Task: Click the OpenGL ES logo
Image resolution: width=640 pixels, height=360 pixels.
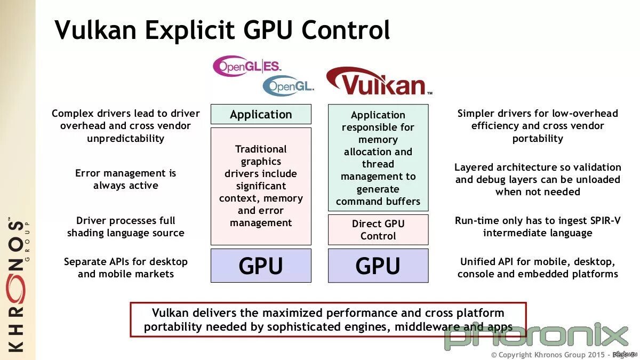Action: (x=246, y=66)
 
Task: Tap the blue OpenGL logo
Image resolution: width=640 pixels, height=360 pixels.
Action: (x=287, y=85)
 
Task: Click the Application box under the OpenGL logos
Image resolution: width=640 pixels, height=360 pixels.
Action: (x=261, y=114)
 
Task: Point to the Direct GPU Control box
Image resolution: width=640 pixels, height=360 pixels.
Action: (x=378, y=230)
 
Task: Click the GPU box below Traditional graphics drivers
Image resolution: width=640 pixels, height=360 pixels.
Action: (x=261, y=266)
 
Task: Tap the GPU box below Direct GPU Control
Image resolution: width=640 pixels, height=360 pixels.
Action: (x=378, y=266)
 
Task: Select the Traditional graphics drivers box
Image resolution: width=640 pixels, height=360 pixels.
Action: (x=261, y=186)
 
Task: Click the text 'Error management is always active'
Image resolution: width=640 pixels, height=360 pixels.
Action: (x=126, y=179)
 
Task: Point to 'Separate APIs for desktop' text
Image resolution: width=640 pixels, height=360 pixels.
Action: (x=126, y=262)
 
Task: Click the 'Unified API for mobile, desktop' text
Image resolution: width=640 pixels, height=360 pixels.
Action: (x=538, y=262)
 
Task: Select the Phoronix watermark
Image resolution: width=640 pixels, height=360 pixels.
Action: (x=536, y=336)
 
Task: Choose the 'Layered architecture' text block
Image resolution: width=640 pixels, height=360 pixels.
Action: (x=538, y=179)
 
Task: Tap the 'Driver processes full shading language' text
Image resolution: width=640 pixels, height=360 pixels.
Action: (x=126, y=227)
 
